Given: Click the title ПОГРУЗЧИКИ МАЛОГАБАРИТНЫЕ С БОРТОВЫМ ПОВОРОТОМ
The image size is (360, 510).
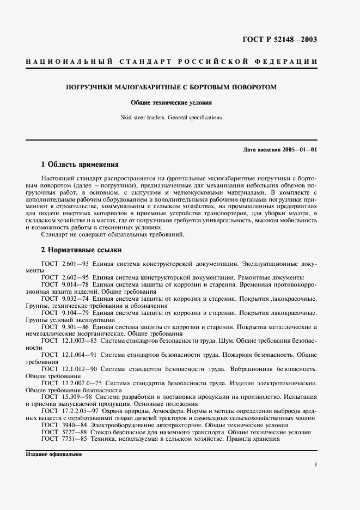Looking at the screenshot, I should [179, 87].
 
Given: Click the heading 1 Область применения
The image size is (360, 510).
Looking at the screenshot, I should [80, 164].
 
